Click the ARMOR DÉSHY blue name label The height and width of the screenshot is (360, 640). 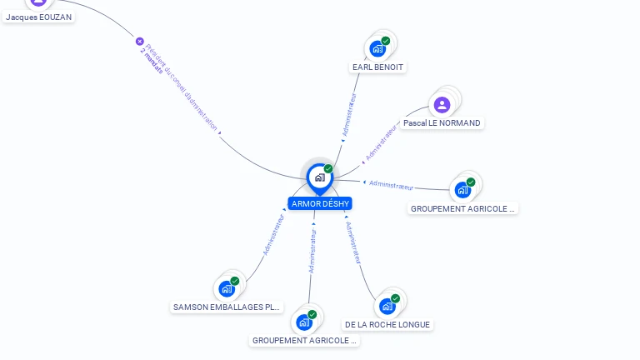(320, 203)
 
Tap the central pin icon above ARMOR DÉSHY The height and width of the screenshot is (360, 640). (319, 177)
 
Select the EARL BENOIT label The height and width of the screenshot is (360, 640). (378, 67)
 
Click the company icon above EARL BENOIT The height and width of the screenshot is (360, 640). (377, 48)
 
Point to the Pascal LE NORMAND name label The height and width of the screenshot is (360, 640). (442, 122)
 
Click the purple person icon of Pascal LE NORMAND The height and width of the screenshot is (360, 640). (442, 104)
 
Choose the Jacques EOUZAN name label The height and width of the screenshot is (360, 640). (37, 17)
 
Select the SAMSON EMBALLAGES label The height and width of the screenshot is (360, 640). (227, 307)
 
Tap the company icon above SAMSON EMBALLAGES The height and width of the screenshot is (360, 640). (227, 288)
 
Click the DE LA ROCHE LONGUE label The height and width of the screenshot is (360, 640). (388, 324)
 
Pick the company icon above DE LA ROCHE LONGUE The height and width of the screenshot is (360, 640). (387, 306)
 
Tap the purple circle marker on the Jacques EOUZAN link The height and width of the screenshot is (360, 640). (140, 41)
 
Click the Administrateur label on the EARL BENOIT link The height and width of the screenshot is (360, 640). (350, 114)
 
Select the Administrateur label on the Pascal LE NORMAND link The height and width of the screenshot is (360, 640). (382, 142)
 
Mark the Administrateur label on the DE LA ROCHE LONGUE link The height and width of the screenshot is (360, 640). (352, 242)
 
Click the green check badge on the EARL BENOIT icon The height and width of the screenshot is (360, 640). (386, 41)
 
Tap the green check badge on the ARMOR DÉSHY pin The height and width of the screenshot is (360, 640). (328, 169)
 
